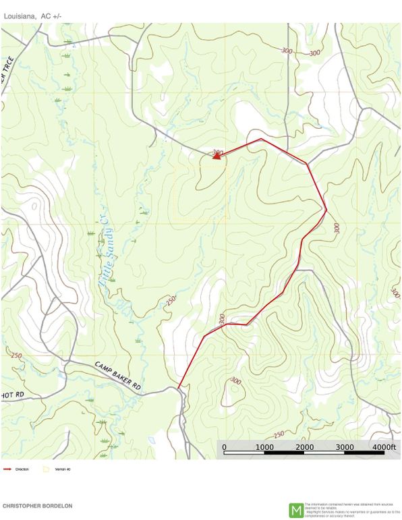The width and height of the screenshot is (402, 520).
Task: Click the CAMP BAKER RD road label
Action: click(117, 376)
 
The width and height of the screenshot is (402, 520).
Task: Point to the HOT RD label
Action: click(12, 394)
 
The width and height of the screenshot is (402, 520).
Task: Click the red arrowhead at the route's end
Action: click(217, 156)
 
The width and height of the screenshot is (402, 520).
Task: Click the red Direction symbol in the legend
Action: click(7, 469)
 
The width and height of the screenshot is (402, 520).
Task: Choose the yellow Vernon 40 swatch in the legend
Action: click(46, 469)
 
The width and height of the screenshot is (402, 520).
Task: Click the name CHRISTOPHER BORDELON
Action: click(37, 505)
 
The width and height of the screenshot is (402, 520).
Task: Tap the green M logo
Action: click(295, 510)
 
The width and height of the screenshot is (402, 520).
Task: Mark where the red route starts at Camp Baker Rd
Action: click(179, 386)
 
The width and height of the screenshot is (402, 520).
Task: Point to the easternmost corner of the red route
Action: click(326, 210)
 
